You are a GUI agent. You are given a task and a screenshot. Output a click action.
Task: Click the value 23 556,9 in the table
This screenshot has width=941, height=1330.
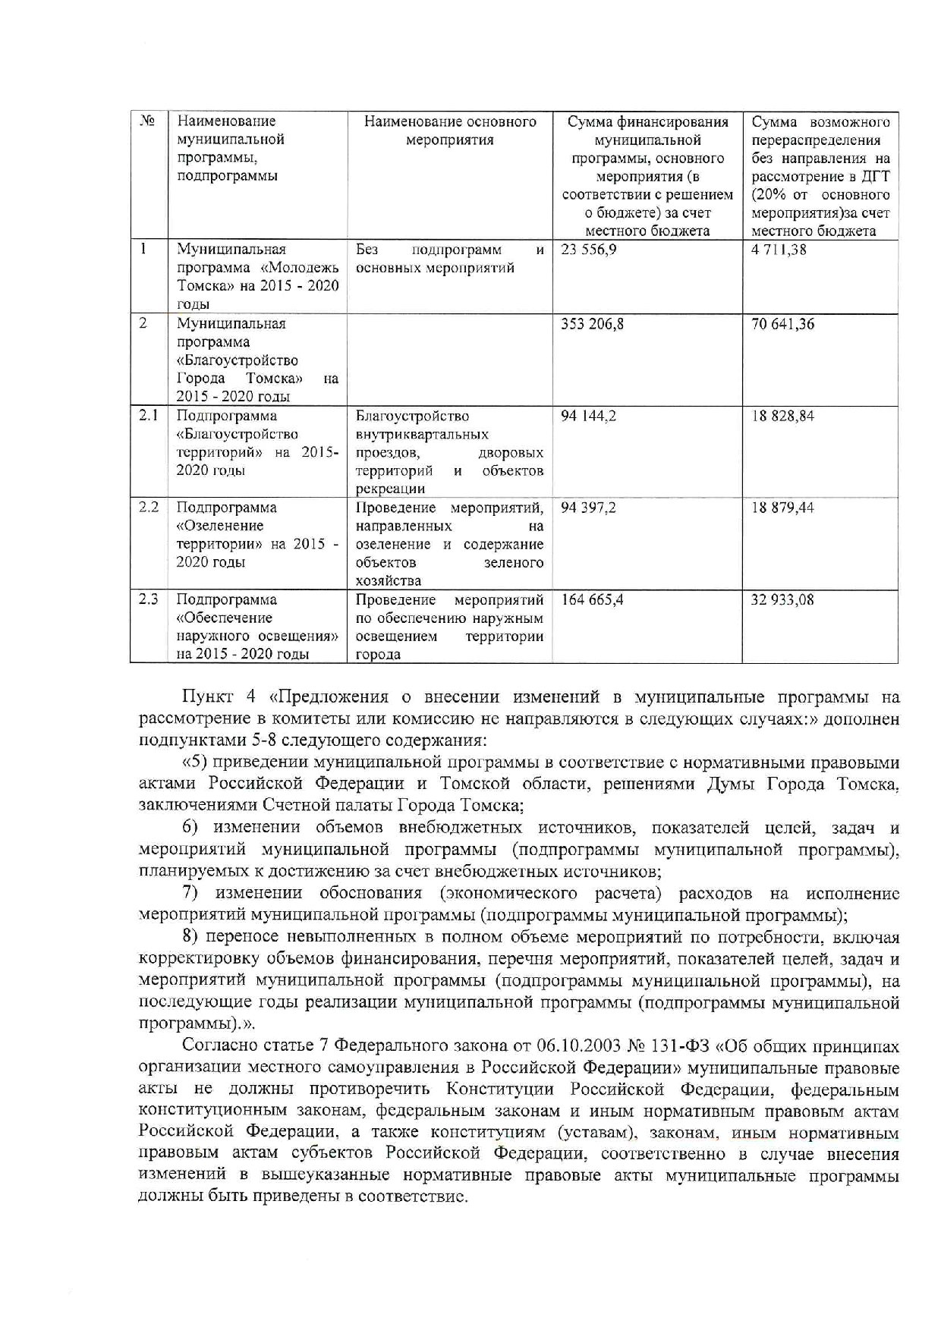tap(588, 250)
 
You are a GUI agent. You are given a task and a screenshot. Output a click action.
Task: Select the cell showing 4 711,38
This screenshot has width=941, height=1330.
tap(779, 250)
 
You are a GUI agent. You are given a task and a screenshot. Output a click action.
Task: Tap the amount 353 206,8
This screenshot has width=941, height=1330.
tap(592, 324)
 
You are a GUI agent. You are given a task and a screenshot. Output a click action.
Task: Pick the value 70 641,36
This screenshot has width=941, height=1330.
tap(782, 324)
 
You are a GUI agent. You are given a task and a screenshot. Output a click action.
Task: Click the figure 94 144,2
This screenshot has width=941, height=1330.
tap(588, 417)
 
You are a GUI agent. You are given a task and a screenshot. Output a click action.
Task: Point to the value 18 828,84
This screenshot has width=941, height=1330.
tap(782, 417)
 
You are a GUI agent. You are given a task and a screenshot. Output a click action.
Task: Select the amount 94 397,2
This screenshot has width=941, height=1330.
tap(588, 508)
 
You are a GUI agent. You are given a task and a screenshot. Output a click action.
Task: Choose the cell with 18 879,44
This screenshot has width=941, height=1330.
tap(782, 508)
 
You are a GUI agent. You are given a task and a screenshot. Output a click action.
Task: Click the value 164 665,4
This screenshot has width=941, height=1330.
tap(592, 600)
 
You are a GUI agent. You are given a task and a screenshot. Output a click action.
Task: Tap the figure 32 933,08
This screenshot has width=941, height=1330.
tap(782, 600)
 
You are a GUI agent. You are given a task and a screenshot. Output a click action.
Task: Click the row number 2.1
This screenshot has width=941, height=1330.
tap(148, 416)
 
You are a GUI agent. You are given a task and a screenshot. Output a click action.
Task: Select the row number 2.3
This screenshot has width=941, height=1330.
tap(148, 599)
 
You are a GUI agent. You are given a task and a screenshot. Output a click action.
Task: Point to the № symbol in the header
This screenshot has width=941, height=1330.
tap(148, 121)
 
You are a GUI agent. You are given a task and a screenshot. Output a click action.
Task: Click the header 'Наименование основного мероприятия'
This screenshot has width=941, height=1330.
tap(449, 130)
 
